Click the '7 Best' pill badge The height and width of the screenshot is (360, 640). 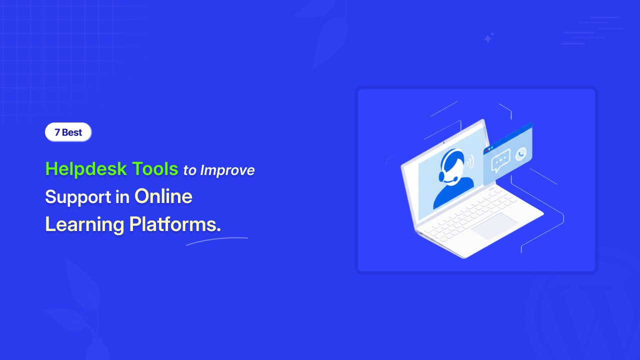(x=68, y=132)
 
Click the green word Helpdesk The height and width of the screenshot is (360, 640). (x=86, y=169)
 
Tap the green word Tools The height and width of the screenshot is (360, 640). (x=155, y=168)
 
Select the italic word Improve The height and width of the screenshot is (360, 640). (x=227, y=170)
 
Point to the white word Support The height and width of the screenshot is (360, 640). (x=78, y=197)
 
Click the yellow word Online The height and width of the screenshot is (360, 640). (x=163, y=196)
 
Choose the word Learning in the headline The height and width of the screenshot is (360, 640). (x=84, y=224)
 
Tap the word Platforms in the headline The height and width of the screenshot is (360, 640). (x=175, y=224)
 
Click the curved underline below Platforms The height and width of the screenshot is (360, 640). (x=217, y=240)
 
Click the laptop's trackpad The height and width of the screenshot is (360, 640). (x=494, y=226)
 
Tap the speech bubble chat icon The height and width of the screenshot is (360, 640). (x=500, y=160)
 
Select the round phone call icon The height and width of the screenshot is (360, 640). (x=521, y=154)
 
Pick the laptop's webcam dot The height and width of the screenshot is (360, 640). (x=443, y=142)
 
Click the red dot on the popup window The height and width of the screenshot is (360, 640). (x=486, y=151)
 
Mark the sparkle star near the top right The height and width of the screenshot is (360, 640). (x=488, y=37)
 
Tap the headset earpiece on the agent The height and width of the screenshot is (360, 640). (x=441, y=175)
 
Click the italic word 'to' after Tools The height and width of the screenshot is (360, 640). (x=189, y=170)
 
